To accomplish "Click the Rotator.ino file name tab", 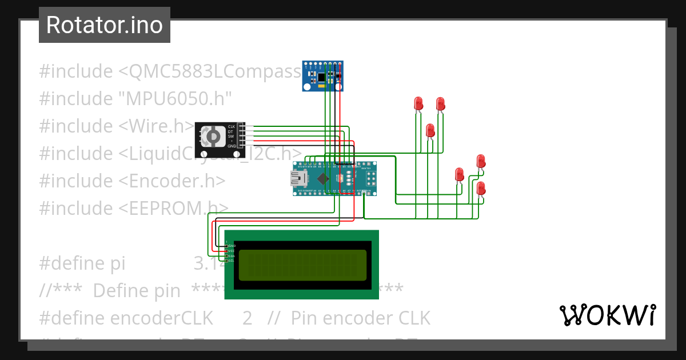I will (x=104, y=25).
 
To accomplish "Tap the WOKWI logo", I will (x=607, y=315).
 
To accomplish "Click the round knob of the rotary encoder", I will (x=212, y=137).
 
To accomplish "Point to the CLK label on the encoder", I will (x=232, y=126).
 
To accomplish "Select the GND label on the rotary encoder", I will (x=232, y=146).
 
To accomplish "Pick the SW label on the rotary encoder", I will (x=231, y=136).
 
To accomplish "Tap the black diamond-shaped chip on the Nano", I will (x=324, y=179).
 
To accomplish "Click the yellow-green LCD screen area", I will (x=302, y=265).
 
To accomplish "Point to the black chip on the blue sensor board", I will (x=323, y=76).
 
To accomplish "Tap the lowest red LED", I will (x=481, y=188).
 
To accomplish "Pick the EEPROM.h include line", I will (x=134, y=208).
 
